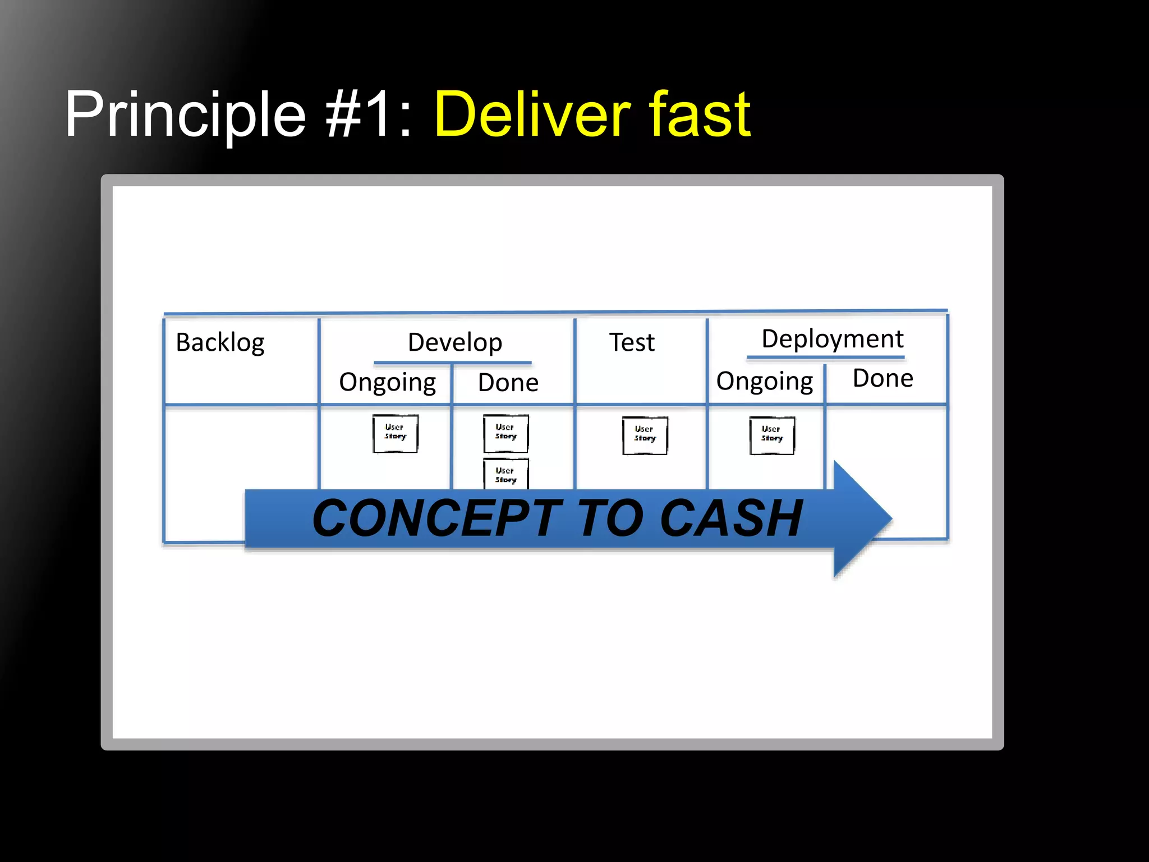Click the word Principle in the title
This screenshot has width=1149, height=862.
185,115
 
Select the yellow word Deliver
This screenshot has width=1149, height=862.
532,115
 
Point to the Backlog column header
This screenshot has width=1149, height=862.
220,342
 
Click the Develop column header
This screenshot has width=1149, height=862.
454,342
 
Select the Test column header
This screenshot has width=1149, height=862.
632,342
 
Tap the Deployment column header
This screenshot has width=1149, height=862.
832,339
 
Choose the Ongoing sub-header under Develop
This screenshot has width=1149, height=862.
387,383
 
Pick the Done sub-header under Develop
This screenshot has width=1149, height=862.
508,383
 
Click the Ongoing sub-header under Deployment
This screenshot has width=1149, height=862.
764,382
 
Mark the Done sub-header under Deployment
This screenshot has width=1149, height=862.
883,378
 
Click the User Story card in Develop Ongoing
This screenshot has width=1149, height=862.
395,433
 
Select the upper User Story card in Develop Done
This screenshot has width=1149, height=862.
505,433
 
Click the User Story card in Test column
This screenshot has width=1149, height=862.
645,435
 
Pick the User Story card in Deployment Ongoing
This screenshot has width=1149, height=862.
772,435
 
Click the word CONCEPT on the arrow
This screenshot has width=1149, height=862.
436,519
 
